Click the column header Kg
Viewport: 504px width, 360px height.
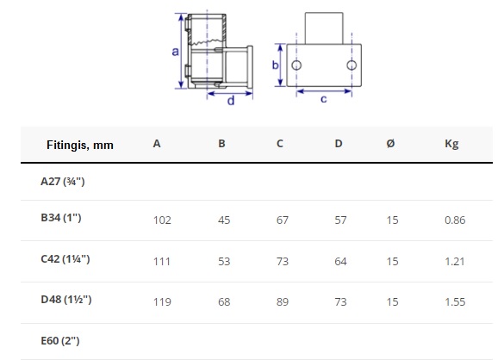point(451,144)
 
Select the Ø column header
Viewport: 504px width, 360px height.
point(390,143)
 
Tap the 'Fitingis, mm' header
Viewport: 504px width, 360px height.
point(80,145)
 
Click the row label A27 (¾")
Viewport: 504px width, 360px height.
point(63,182)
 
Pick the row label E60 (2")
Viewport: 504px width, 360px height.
point(60,341)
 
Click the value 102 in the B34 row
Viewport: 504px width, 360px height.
point(162,220)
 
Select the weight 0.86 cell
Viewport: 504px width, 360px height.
point(455,220)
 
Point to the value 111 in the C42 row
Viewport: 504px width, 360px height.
point(162,261)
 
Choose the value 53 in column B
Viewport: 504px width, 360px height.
point(224,261)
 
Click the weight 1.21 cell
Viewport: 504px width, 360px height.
point(455,261)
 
